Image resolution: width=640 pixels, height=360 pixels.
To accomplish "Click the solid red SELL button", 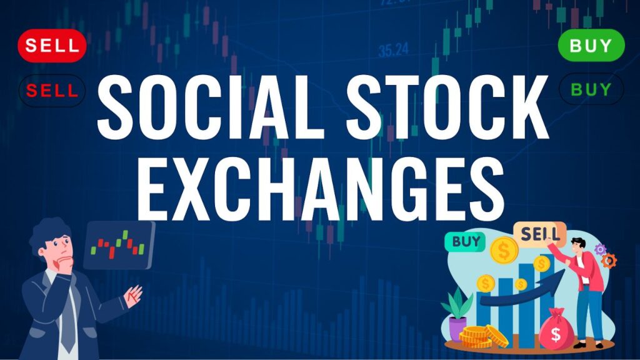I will (52, 46).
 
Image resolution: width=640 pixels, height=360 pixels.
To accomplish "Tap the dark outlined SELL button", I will (52, 91).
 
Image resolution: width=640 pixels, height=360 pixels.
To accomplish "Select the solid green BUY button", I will (591, 46).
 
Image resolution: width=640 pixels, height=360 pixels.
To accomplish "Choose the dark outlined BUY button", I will (591, 90).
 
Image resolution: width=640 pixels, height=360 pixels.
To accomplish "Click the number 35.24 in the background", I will (393, 49).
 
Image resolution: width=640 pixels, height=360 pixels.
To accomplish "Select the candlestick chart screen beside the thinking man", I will (118, 244).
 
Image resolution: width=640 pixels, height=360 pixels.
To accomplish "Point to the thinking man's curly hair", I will (50, 231).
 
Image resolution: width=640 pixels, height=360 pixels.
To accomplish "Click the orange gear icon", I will (608, 260).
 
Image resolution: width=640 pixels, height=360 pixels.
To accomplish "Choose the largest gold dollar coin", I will (504, 251).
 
